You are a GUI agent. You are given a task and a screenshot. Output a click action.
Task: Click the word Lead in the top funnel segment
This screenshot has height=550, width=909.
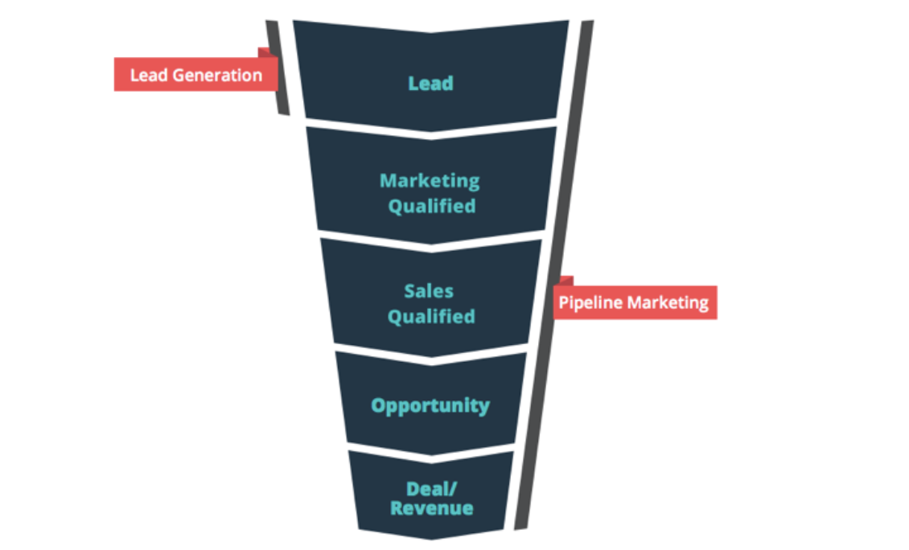tap(430, 84)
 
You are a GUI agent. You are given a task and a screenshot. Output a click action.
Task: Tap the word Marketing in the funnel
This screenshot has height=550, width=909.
tap(430, 181)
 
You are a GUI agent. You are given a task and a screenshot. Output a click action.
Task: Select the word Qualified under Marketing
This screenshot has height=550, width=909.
tap(432, 207)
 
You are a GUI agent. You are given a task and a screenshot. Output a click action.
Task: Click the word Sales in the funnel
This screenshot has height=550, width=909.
tap(429, 291)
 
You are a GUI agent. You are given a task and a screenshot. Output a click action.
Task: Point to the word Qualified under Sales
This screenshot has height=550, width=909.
tap(431, 317)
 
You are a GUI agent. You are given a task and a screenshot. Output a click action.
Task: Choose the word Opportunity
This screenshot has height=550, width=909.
tap(430, 406)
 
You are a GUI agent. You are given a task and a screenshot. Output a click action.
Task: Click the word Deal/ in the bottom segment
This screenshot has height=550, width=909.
tap(431, 489)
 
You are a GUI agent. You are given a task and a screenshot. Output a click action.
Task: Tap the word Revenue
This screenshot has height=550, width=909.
tap(431, 508)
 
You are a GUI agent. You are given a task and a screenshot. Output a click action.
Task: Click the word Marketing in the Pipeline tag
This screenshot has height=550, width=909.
tap(668, 302)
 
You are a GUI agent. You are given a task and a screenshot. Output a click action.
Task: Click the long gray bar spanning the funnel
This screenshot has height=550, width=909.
tap(554, 275)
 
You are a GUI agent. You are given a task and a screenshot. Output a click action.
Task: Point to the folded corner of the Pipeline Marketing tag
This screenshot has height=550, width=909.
tap(566, 281)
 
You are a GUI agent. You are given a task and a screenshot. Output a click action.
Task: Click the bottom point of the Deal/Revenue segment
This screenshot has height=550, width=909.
tap(431, 540)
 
